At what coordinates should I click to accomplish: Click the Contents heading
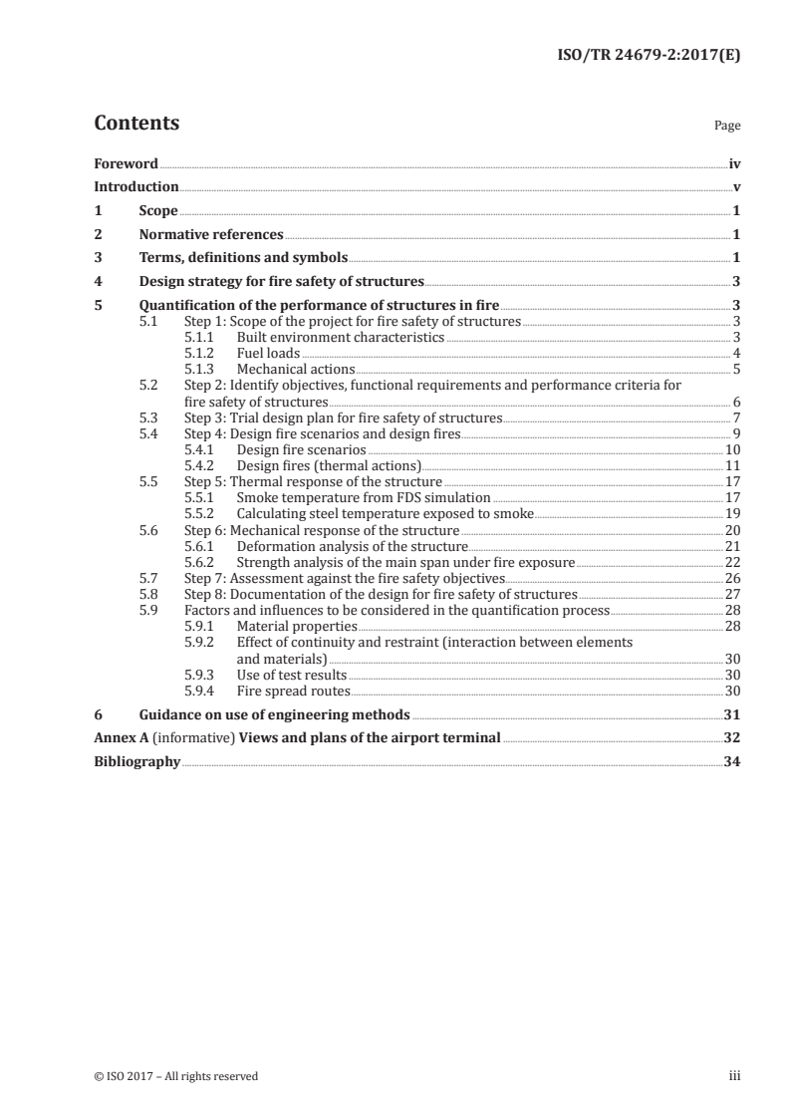[x=136, y=125]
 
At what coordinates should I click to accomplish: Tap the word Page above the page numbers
[x=727, y=127]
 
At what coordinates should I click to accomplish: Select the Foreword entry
[x=126, y=163]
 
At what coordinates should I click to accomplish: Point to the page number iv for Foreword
[x=734, y=163]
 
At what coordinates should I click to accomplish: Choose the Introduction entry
[x=136, y=186]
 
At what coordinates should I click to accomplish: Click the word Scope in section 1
[x=158, y=211]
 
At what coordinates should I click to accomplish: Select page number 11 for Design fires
[x=732, y=465]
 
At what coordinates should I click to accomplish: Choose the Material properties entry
[x=296, y=626]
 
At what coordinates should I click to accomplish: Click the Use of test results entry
[x=291, y=675]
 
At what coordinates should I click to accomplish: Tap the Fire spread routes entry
[x=293, y=690]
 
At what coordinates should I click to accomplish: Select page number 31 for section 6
[x=732, y=714]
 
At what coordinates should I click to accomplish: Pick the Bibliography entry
[x=136, y=762]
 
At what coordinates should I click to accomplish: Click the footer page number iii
[x=734, y=1076]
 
